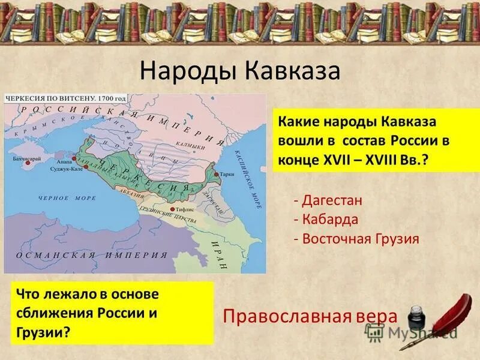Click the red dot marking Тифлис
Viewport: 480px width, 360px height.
(x=173, y=209)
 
